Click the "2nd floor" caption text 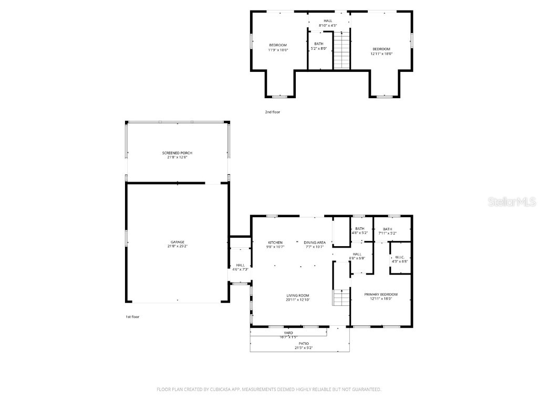point(272,112)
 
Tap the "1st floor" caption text point(132,317)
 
